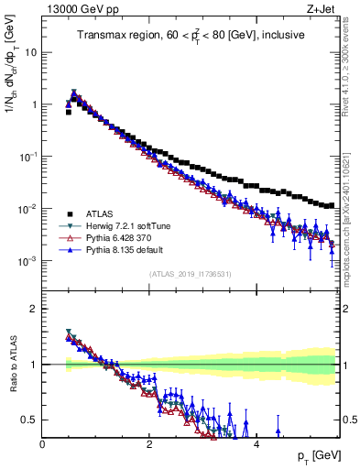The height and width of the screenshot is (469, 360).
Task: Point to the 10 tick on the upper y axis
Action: (30, 52)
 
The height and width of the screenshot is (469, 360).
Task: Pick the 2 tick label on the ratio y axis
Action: (33, 309)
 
